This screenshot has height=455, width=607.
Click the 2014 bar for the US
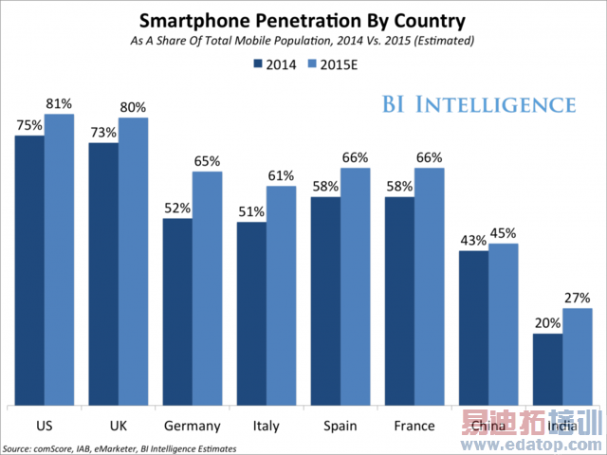click(29, 270)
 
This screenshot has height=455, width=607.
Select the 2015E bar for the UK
click(133, 262)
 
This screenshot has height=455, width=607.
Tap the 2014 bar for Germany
click(177, 312)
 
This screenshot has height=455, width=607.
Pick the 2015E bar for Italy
click(281, 295)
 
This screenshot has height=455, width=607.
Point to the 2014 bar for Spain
click(325, 300)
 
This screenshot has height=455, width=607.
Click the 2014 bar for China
click(473, 328)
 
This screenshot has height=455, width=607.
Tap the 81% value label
click(59, 104)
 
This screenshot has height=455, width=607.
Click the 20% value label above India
click(547, 323)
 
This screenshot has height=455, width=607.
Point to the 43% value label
click(473, 241)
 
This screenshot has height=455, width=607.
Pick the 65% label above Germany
click(207, 161)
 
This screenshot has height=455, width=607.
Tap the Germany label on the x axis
click(192, 426)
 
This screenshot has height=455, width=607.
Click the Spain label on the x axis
click(340, 426)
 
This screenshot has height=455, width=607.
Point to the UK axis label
click(118, 426)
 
